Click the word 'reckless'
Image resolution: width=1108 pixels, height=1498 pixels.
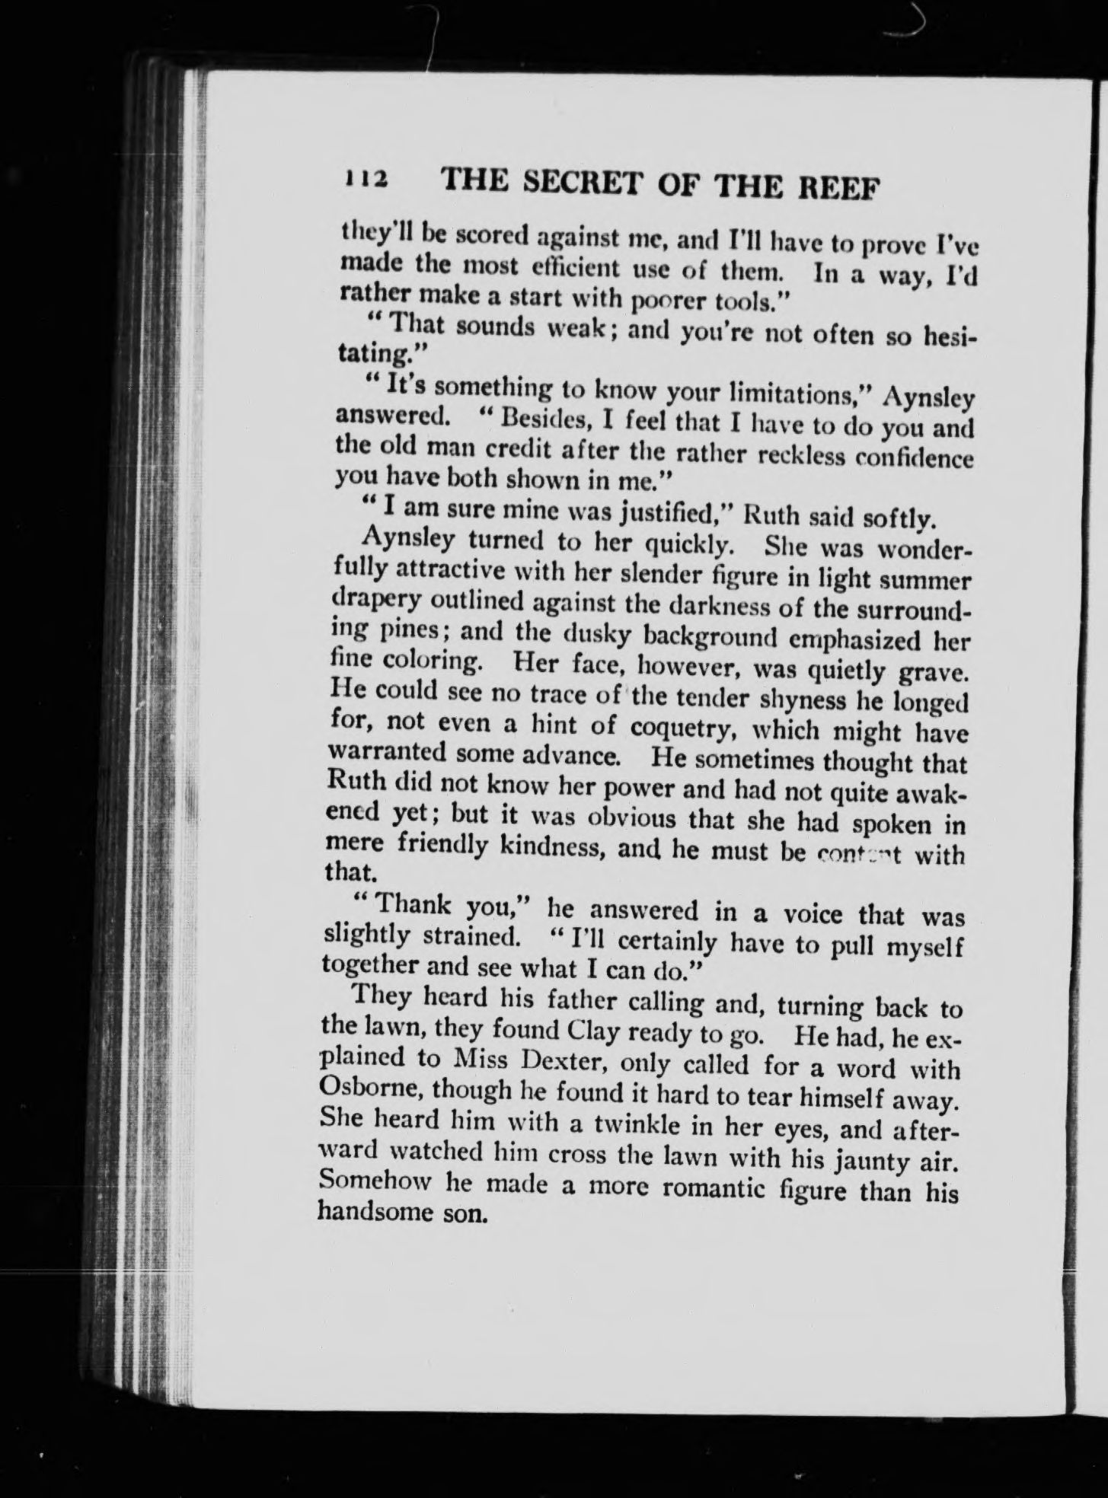pyautogui.click(x=782, y=457)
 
